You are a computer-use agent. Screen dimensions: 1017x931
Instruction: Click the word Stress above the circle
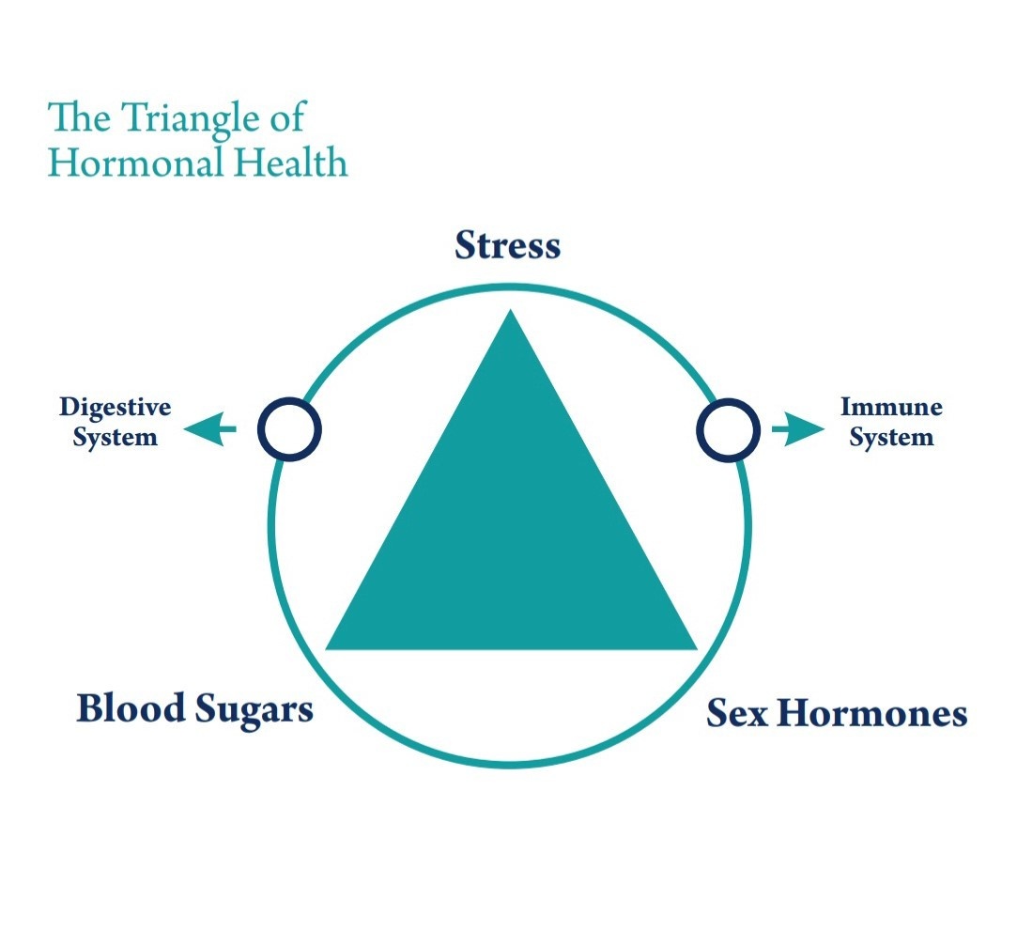(x=508, y=245)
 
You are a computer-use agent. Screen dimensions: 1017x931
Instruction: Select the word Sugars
(x=254, y=710)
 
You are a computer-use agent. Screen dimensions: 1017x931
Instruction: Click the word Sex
(x=736, y=713)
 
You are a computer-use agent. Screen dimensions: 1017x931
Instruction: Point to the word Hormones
(x=871, y=713)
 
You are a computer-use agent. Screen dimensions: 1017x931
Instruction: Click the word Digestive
(x=116, y=408)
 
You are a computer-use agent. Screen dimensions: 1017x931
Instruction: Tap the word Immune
(x=891, y=407)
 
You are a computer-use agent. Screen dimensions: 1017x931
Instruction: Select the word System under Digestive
(x=116, y=437)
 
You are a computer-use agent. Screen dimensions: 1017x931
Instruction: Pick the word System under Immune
(x=892, y=437)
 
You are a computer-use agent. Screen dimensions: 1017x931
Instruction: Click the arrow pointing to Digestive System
(x=209, y=428)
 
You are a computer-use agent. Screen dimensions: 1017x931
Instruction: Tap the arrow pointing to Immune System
(x=798, y=428)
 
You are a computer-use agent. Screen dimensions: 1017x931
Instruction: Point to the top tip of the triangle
(x=511, y=309)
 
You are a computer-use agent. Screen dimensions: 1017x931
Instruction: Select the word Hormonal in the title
(x=135, y=163)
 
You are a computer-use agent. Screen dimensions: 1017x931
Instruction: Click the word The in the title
(x=79, y=117)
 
